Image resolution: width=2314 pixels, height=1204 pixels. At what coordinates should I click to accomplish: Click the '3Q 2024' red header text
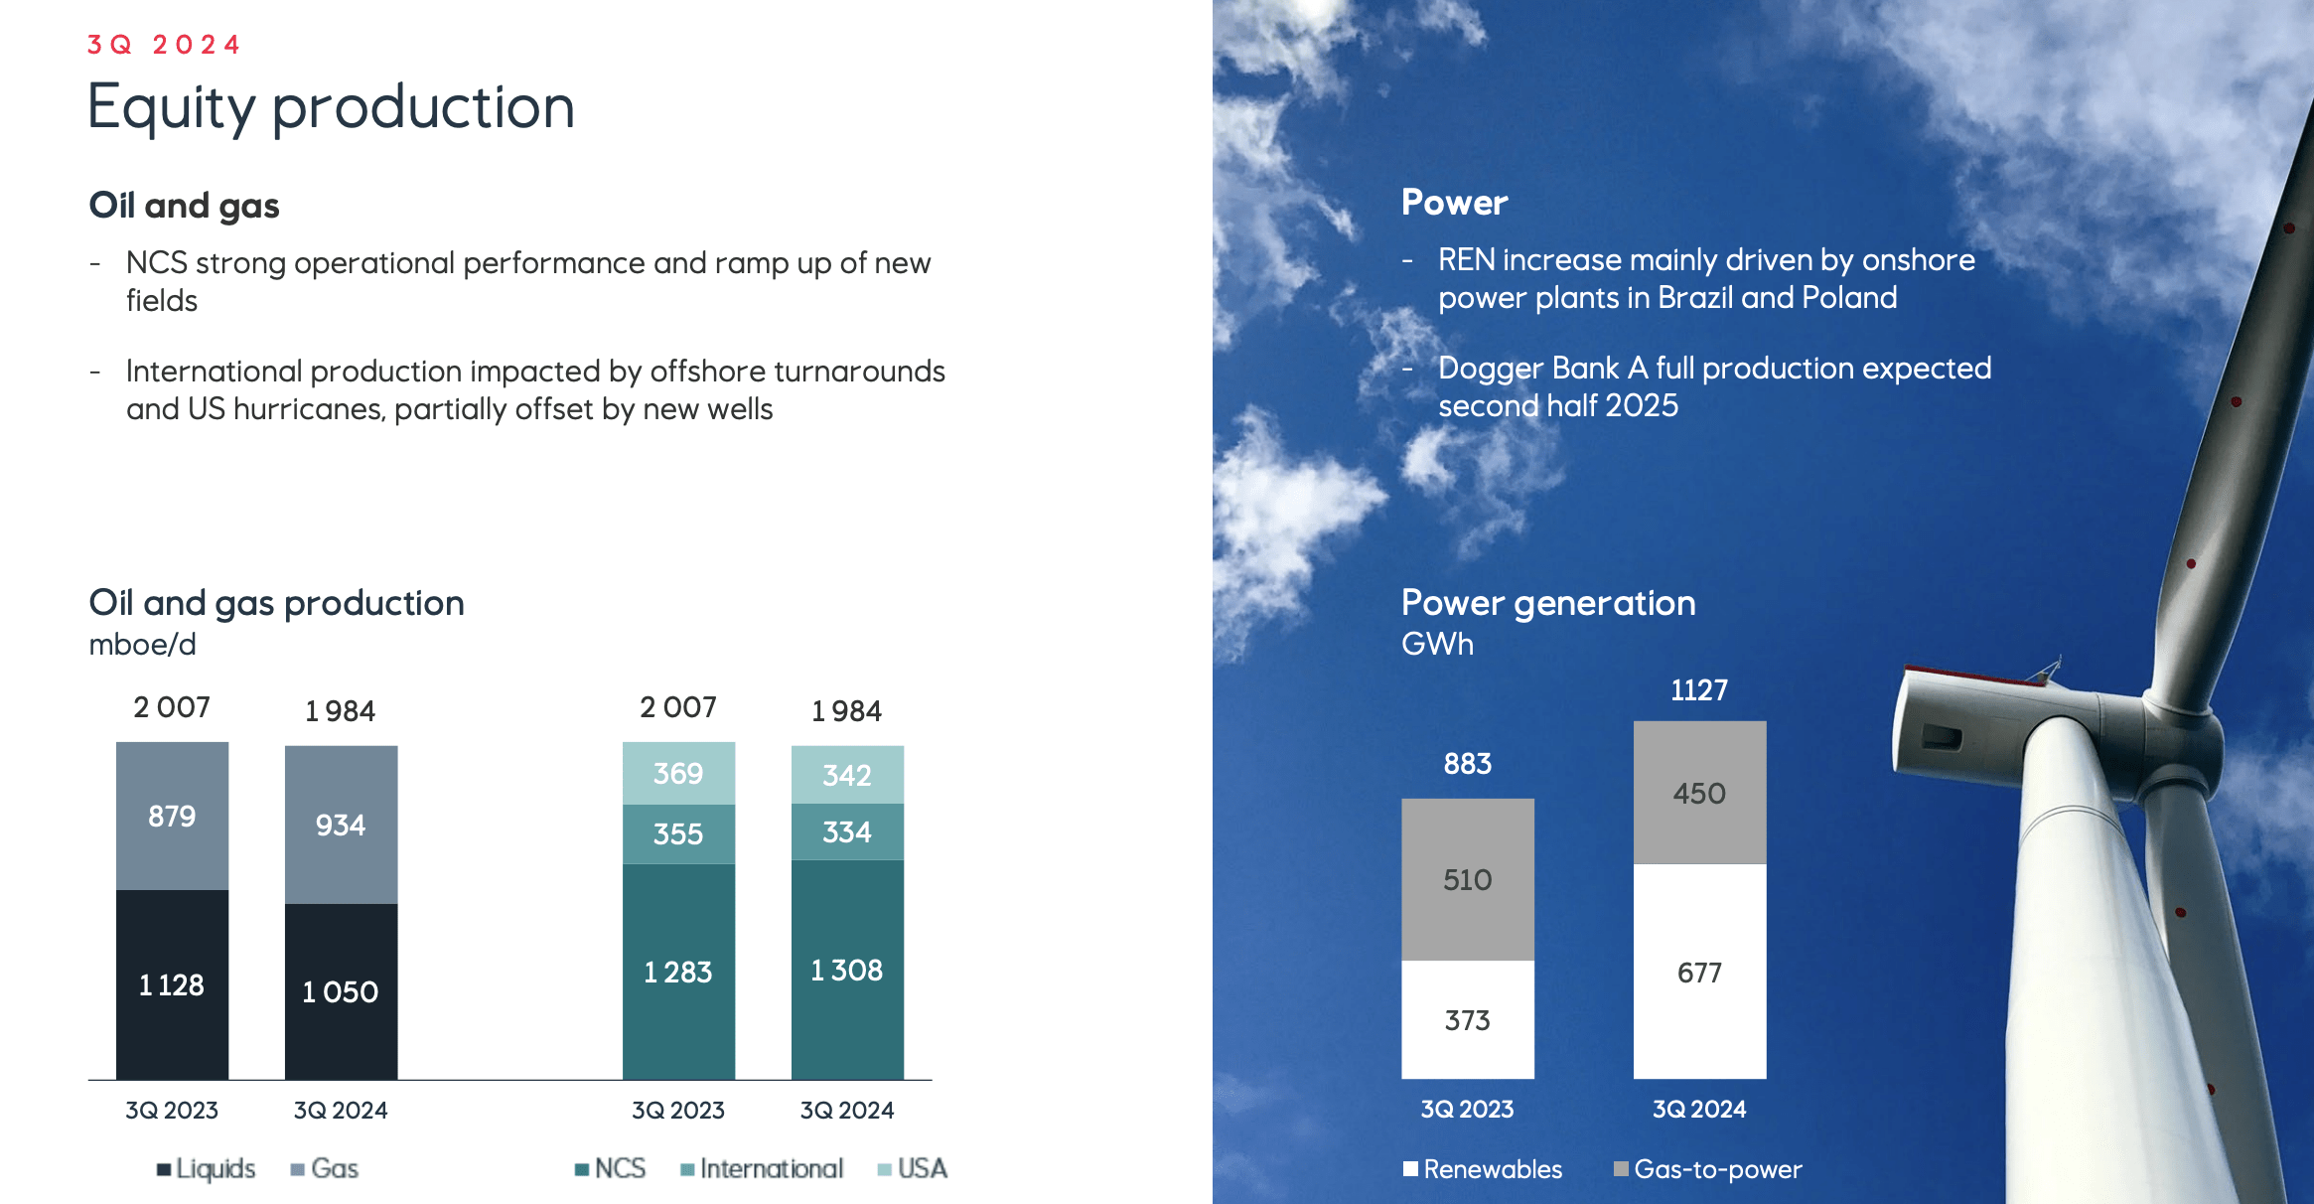164,45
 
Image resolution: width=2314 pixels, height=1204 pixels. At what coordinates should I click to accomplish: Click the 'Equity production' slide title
331,106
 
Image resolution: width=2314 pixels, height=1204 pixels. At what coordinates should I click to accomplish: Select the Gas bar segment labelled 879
172,816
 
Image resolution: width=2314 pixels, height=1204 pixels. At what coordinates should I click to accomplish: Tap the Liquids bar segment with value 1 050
341,990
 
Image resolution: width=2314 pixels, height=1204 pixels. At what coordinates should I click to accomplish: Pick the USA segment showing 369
678,773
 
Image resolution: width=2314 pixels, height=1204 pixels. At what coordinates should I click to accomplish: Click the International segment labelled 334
847,831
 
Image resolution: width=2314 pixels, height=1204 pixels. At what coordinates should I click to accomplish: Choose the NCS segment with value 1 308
847,970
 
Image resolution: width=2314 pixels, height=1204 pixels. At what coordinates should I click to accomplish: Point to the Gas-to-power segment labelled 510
1467,879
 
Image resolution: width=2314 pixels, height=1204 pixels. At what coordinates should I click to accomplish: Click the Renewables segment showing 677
1699,972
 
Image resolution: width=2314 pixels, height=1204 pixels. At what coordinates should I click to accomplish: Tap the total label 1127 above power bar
1699,690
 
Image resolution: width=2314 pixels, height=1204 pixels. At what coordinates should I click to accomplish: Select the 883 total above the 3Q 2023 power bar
1467,764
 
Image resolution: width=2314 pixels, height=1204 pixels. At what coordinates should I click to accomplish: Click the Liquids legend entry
207,1168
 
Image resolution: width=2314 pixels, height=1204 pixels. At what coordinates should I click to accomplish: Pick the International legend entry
763,1168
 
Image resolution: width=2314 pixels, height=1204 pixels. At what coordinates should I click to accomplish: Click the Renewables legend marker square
1410,1168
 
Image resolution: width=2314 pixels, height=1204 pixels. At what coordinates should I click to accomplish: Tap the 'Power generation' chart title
1547,603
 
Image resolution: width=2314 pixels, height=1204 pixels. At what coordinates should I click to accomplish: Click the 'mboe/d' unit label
142,645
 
